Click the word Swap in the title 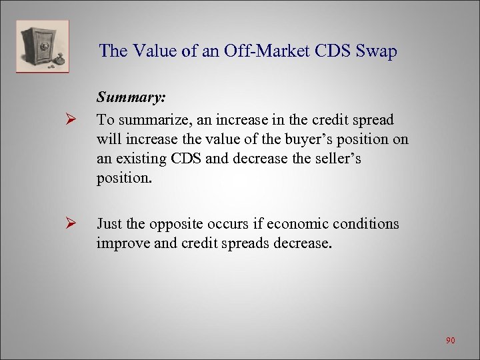378,51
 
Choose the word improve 121,242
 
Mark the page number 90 451,341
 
